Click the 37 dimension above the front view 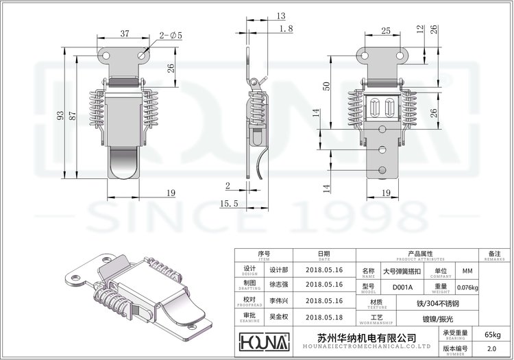[x=125, y=33]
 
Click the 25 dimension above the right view [x=386, y=30]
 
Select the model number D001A [x=393, y=287]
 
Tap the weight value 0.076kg [x=467, y=287]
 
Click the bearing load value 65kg [x=492, y=334]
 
